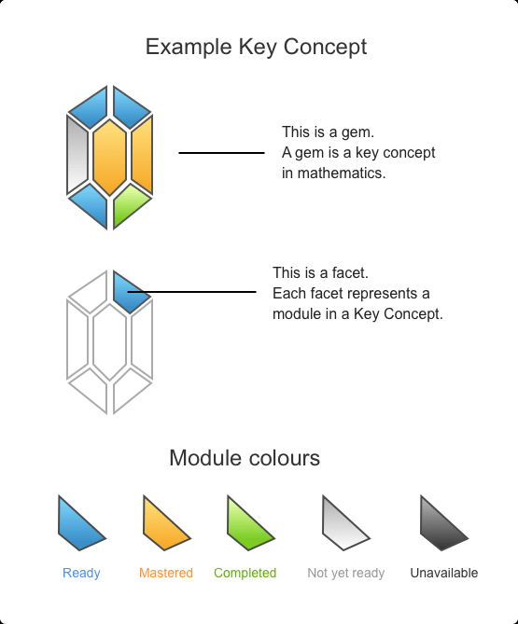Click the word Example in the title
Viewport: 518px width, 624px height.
pos(189,48)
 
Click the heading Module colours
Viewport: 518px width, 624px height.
pos(245,458)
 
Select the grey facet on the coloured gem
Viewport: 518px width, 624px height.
pos(77,154)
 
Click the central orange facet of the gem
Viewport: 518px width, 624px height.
pos(109,158)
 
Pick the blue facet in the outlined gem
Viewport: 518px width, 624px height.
pos(131,292)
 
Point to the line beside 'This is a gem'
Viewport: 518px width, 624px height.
pos(221,153)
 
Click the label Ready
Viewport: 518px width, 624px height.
pos(81,573)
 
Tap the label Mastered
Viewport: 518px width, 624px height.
pos(166,573)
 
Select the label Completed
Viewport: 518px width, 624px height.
pos(245,574)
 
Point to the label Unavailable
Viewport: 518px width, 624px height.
pos(444,573)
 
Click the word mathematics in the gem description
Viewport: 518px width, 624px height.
pos(342,173)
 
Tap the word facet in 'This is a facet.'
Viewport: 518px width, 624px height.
pos(350,273)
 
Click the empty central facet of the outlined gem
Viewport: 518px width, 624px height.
pos(109,342)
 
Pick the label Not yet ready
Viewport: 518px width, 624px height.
pos(346,574)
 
